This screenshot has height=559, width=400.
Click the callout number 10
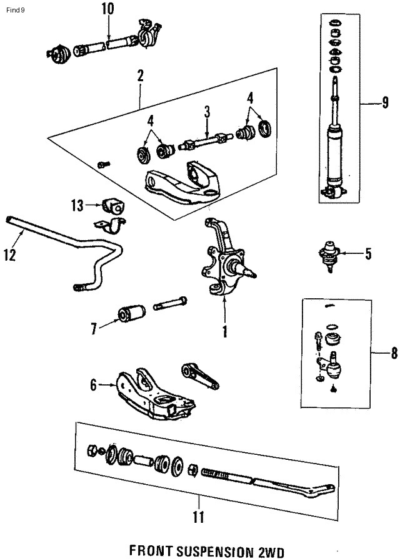(x=107, y=9)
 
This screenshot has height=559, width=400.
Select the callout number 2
(x=140, y=77)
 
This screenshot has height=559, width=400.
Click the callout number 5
(x=367, y=253)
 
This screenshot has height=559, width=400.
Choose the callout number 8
(x=376, y=354)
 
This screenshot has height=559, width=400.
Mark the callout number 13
(x=77, y=204)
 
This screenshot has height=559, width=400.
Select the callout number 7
(x=94, y=328)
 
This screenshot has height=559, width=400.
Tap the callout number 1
(x=223, y=331)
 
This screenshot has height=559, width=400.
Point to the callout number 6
(x=94, y=386)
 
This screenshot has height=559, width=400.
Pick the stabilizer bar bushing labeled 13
(x=113, y=205)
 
